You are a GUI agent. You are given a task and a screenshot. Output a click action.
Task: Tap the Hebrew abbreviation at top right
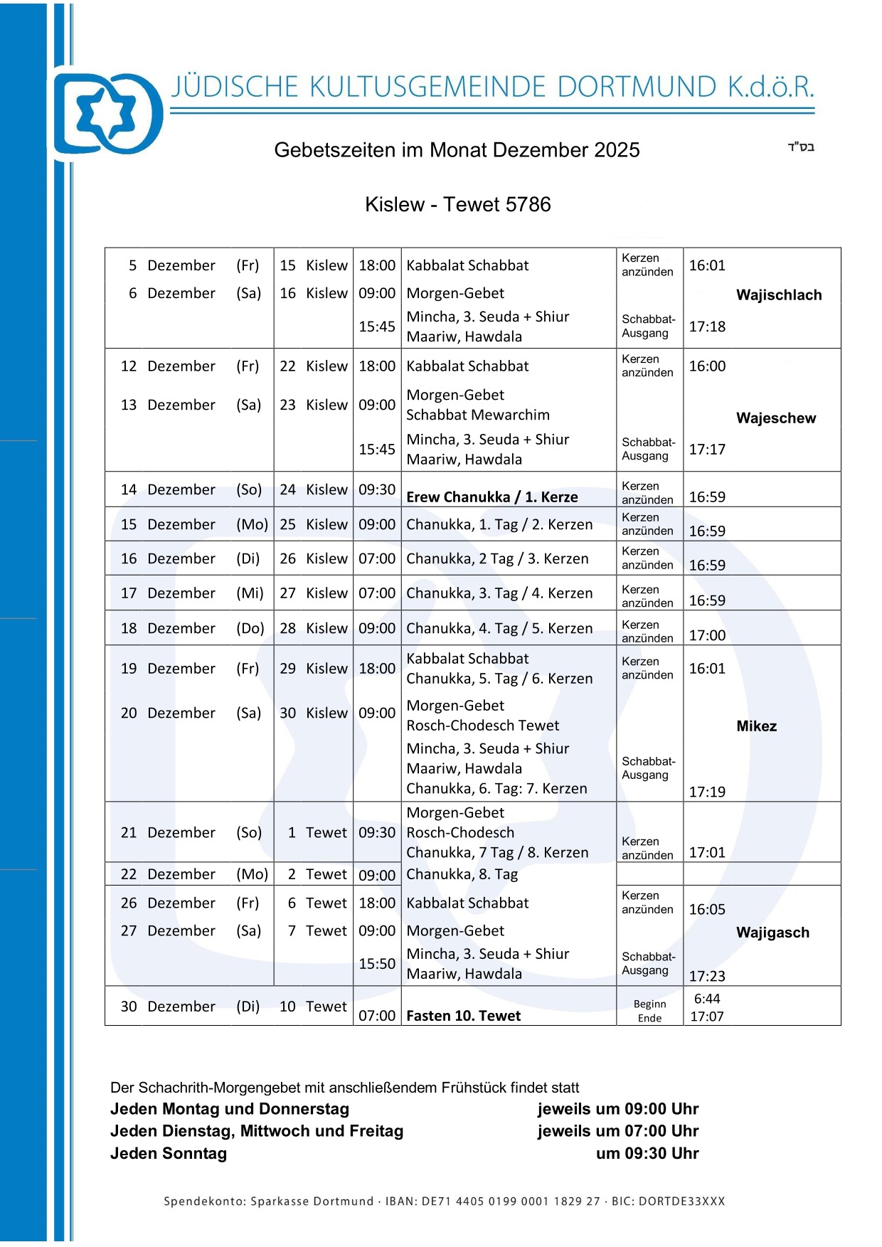click(801, 147)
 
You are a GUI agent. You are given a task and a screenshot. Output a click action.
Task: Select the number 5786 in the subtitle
click(528, 205)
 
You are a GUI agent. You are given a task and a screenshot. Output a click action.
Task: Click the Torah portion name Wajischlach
click(779, 295)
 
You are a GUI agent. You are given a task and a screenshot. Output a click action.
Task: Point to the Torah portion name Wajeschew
click(776, 418)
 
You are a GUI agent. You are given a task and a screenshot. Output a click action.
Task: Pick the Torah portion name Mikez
click(756, 726)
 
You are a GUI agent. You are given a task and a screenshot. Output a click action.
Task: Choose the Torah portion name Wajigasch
click(772, 933)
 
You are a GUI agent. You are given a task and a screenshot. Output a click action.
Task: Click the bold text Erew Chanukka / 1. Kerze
click(492, 497)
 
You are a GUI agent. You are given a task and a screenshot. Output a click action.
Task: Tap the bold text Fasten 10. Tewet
click(463, 1016)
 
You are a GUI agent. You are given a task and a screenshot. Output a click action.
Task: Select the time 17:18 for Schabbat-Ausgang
click(707, 327)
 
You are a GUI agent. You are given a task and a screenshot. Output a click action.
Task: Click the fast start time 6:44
click(707, 999)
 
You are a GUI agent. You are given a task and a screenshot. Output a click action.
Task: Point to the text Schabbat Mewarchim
click(478, 415)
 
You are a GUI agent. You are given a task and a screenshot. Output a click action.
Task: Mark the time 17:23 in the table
click(707, 976)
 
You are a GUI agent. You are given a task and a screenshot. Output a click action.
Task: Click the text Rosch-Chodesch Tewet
click(483, 726)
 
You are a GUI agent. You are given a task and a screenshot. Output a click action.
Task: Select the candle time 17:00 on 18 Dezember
click(707, 635)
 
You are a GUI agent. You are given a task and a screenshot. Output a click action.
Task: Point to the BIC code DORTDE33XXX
click(681, 1201)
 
